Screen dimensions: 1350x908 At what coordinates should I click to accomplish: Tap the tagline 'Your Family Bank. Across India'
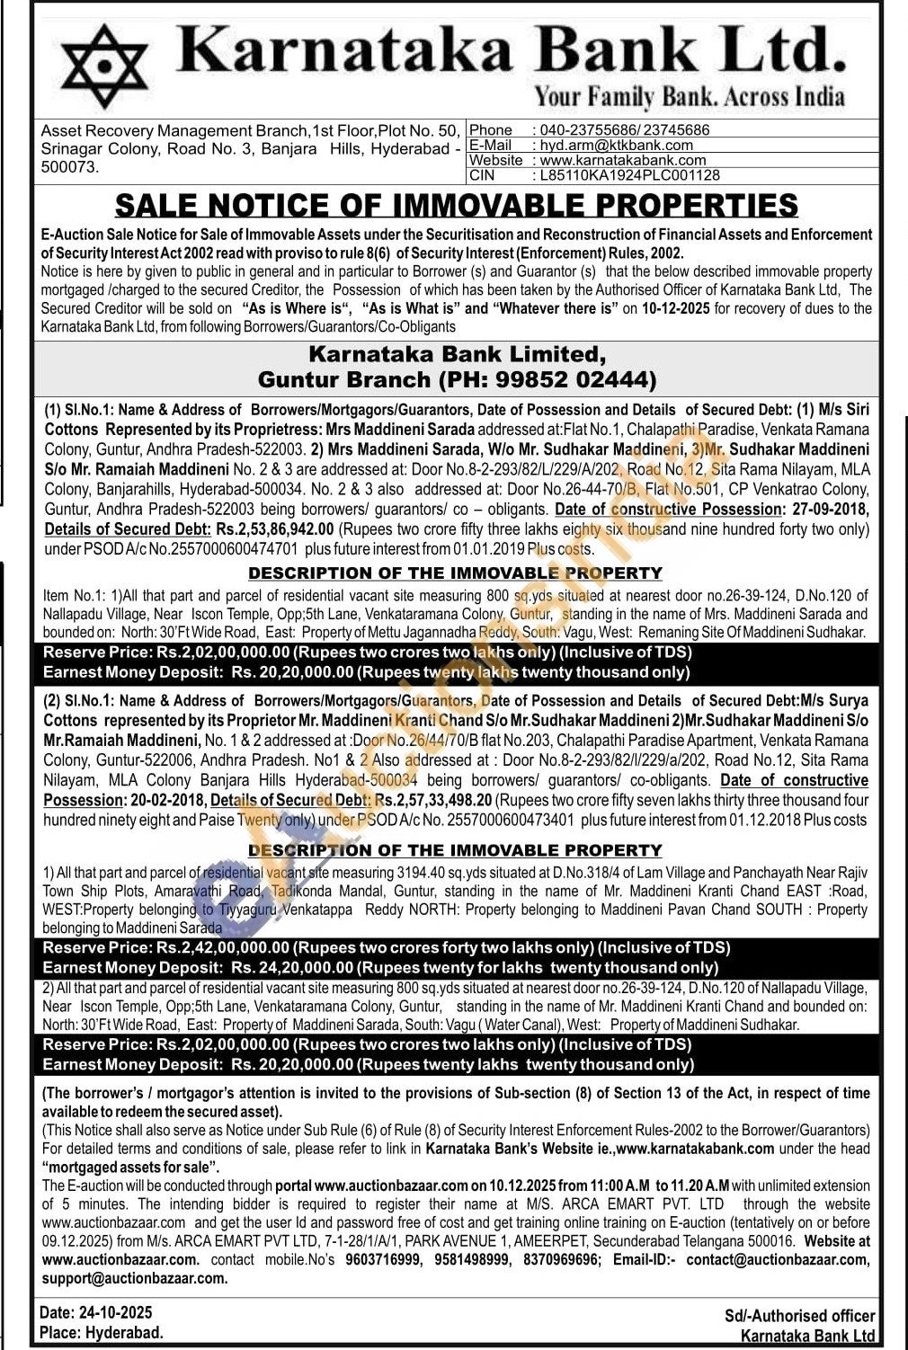pos(690,96)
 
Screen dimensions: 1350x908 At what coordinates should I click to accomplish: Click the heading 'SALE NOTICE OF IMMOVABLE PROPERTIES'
pos(457,206)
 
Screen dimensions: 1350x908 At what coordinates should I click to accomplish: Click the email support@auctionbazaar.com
pos(135,1278)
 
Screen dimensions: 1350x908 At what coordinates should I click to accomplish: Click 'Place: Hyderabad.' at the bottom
pos(102,1333)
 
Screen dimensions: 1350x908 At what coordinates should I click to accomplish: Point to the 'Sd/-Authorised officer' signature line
pos(799,1317)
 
